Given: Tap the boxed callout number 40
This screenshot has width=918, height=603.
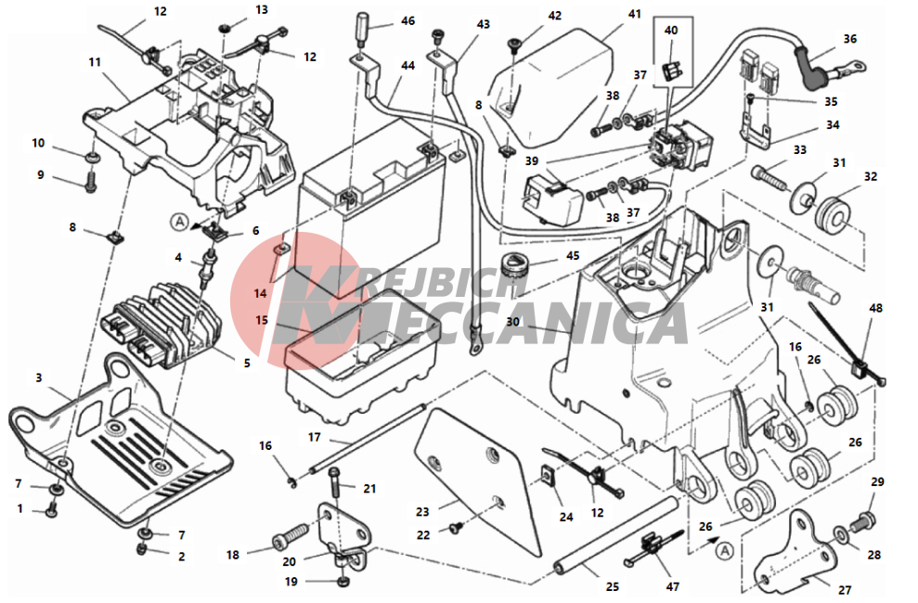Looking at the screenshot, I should (x=671, y=31).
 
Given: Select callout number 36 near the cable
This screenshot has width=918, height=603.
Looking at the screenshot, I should (x=850, y=39).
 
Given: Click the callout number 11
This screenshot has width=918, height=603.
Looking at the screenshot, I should (x=95, y=62).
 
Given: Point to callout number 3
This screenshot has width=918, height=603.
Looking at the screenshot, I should (x=39, y=378).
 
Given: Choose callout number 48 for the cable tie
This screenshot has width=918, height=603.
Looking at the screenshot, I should (x=875, y=307).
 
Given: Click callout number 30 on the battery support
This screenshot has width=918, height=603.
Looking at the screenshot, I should (x=514, y=323).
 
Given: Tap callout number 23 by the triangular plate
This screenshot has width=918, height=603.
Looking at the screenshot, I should (x=423, y=511).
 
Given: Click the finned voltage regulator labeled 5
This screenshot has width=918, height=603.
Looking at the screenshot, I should (x=158, y=320).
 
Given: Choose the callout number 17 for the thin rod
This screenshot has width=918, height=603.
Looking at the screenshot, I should (x=314, y=436).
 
